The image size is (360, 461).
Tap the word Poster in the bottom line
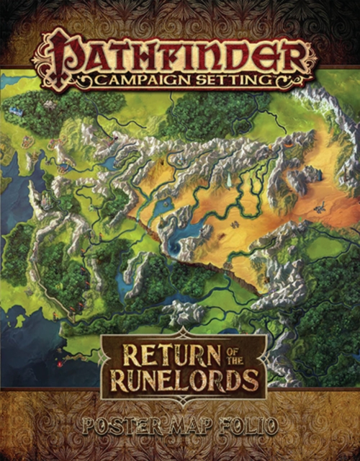(119, 425)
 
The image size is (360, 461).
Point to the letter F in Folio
(223, 425)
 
